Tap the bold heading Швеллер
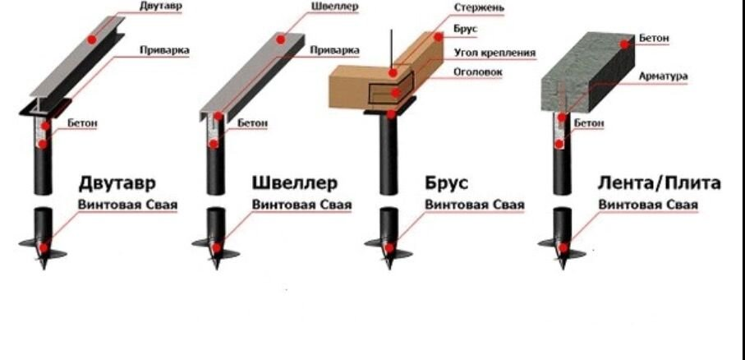(x=294, y=182)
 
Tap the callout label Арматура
(x=663, y=76)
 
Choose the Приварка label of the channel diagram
(x=333, y=51)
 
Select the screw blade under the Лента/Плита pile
(x=561, y=244)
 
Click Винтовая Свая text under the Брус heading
(x=474, y=205)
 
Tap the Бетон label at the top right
(x=655, y=39)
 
